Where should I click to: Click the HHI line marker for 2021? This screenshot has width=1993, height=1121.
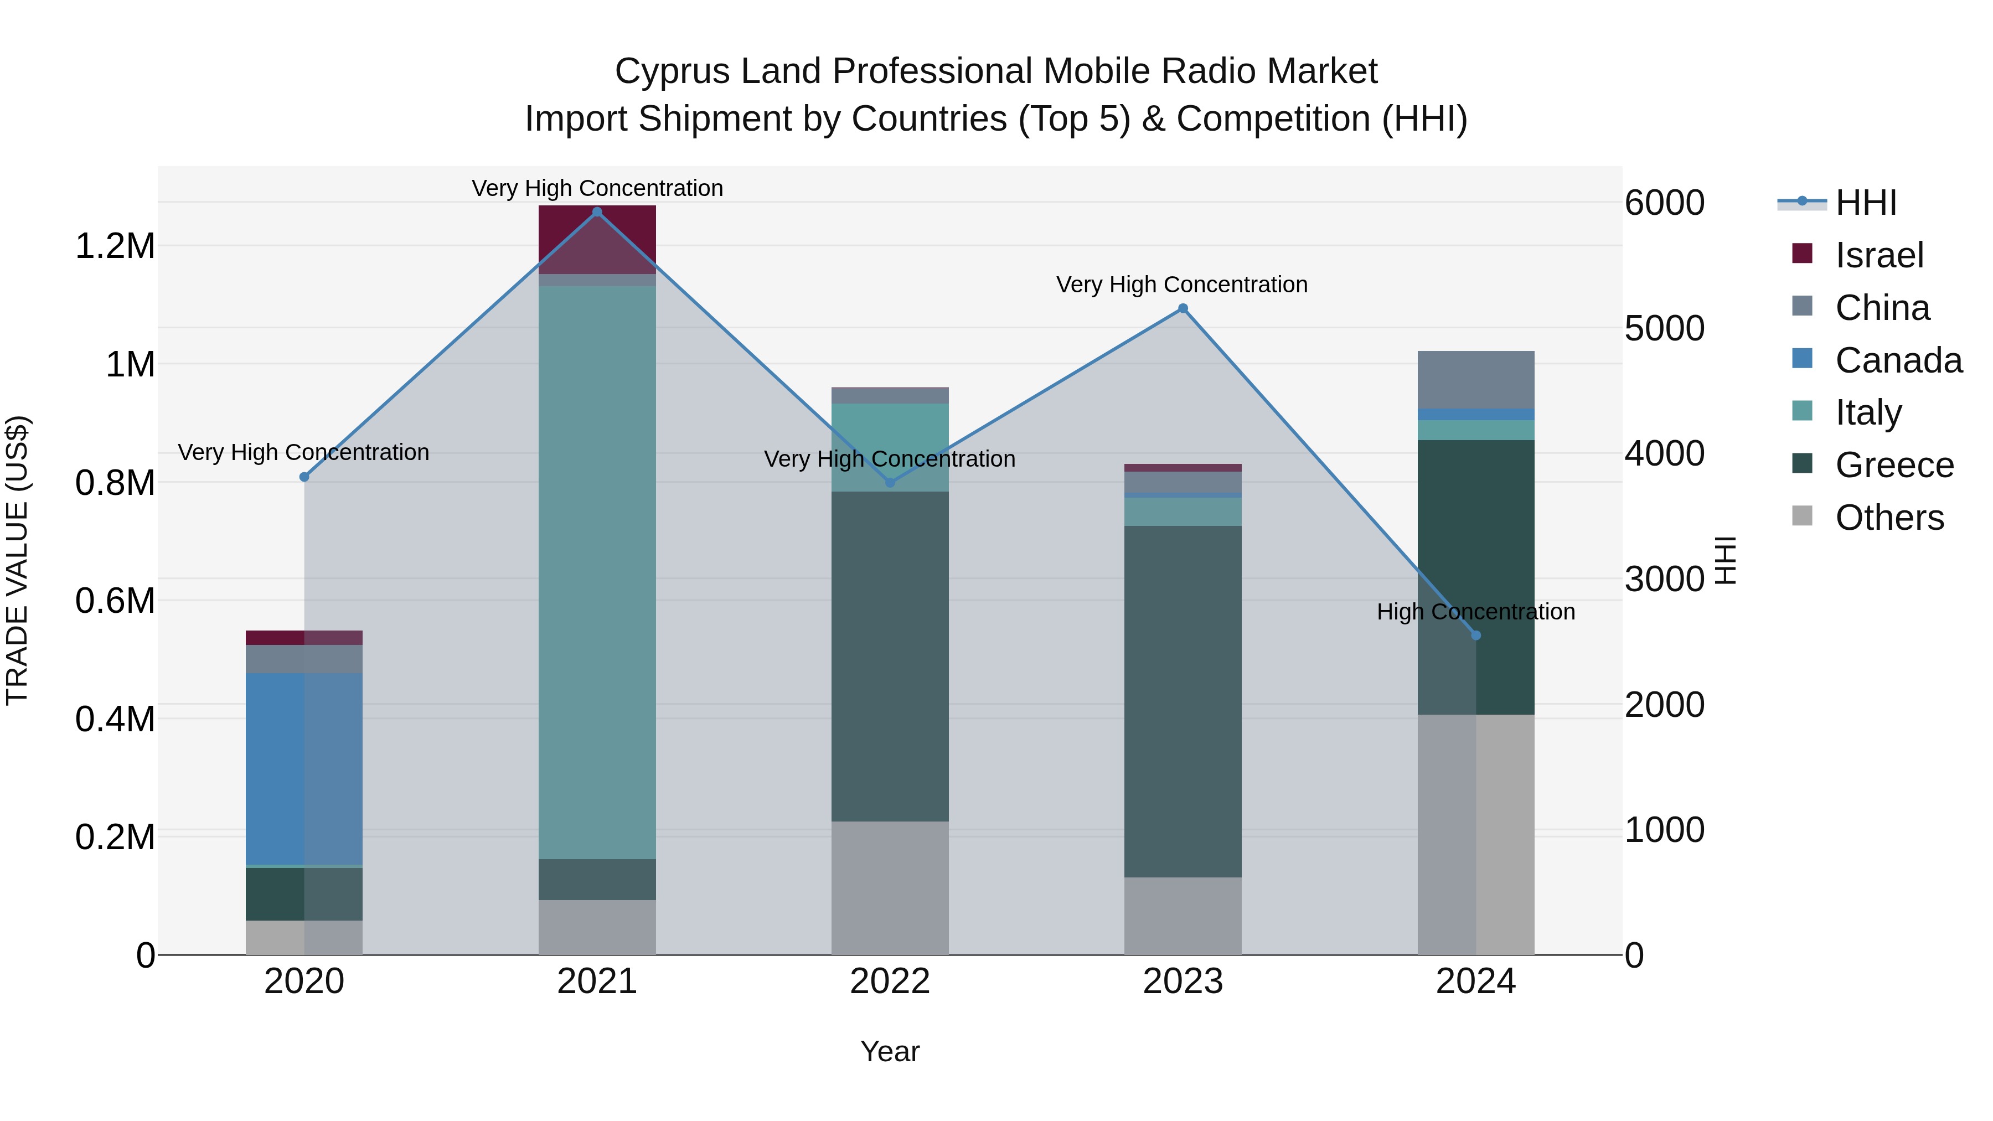596,212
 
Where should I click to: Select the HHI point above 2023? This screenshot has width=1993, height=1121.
1182,309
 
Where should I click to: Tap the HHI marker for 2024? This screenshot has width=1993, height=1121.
1475,635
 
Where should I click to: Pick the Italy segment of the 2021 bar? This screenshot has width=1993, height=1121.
596,572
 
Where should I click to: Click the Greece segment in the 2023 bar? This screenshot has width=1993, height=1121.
1182,700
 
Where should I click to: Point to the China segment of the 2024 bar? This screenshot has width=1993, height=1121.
1475,379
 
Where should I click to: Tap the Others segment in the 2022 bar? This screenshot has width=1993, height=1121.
890,887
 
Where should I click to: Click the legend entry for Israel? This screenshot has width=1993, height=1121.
1878,255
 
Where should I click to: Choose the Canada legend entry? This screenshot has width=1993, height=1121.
1897,360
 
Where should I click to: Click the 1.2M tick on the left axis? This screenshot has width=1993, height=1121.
115,247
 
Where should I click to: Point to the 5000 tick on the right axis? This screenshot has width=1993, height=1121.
1664,328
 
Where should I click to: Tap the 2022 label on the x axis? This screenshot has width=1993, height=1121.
890,981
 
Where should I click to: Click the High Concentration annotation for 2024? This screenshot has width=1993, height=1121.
1475,612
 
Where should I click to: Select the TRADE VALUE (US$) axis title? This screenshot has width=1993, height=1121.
18,560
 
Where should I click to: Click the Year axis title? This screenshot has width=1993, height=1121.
890,1051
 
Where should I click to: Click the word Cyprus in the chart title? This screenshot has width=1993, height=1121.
672,71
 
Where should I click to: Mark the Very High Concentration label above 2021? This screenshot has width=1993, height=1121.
596,188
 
